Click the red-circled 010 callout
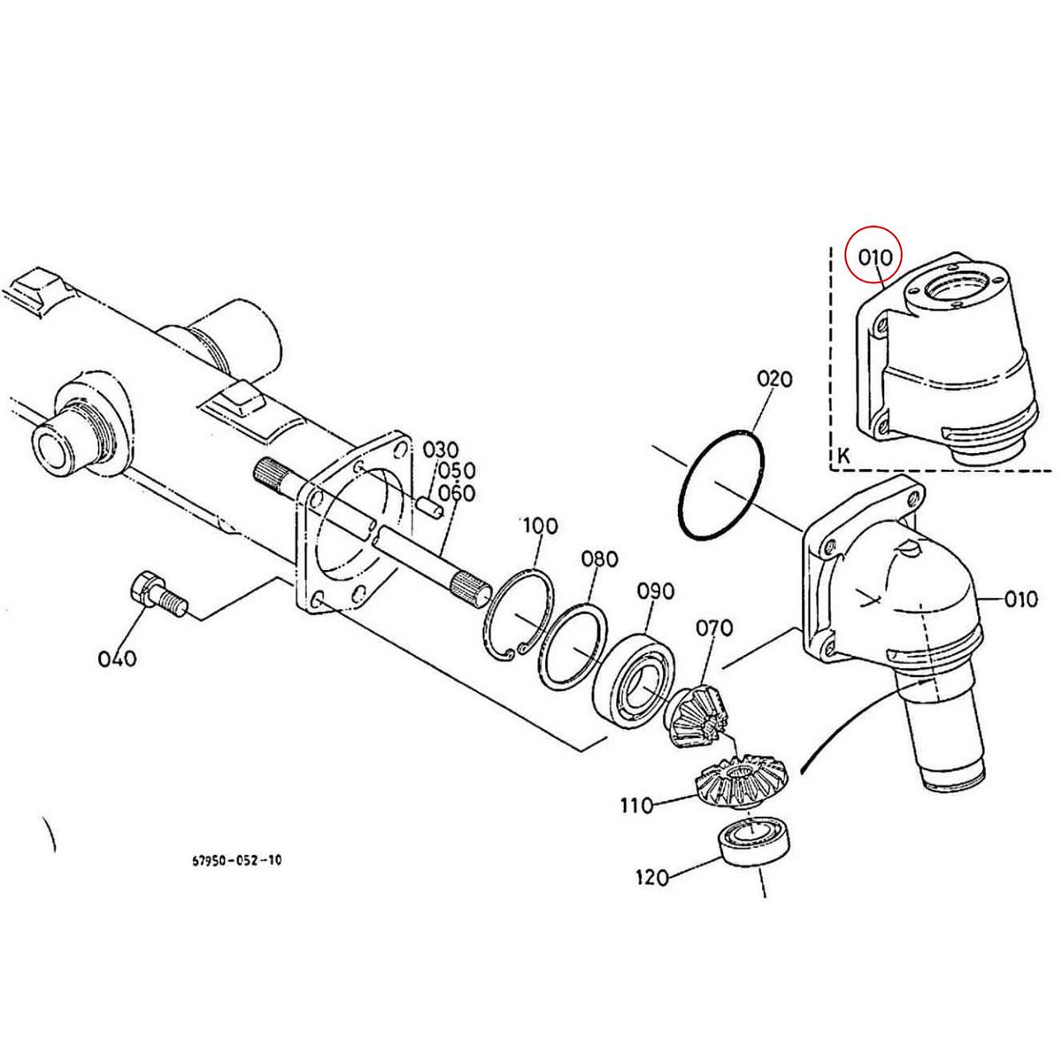tap(874, 258)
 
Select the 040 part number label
tap(118, 658)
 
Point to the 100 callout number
tap(540, 527)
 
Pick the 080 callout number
tap(599, 559)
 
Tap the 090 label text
tap(656, 591)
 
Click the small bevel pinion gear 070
tap(696, 716)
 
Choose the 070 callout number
tap(713, 628)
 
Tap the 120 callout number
tap(653, 878)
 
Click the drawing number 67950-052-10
tap(238, 859)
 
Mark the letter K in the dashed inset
tap(843, 457)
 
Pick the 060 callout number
tap(457, 493)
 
